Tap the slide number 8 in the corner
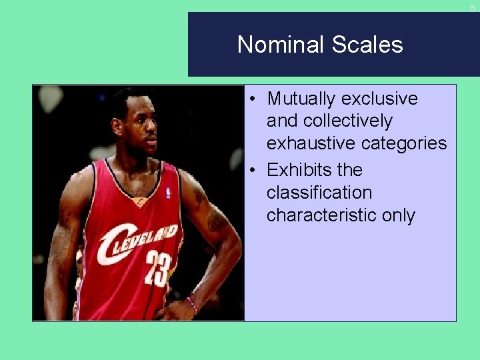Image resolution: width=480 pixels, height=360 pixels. point(473,8)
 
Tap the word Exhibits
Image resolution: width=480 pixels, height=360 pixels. point(298,170)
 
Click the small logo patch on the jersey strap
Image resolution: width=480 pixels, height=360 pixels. point(168,193)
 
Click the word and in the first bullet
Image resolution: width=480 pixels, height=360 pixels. point(282,121)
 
